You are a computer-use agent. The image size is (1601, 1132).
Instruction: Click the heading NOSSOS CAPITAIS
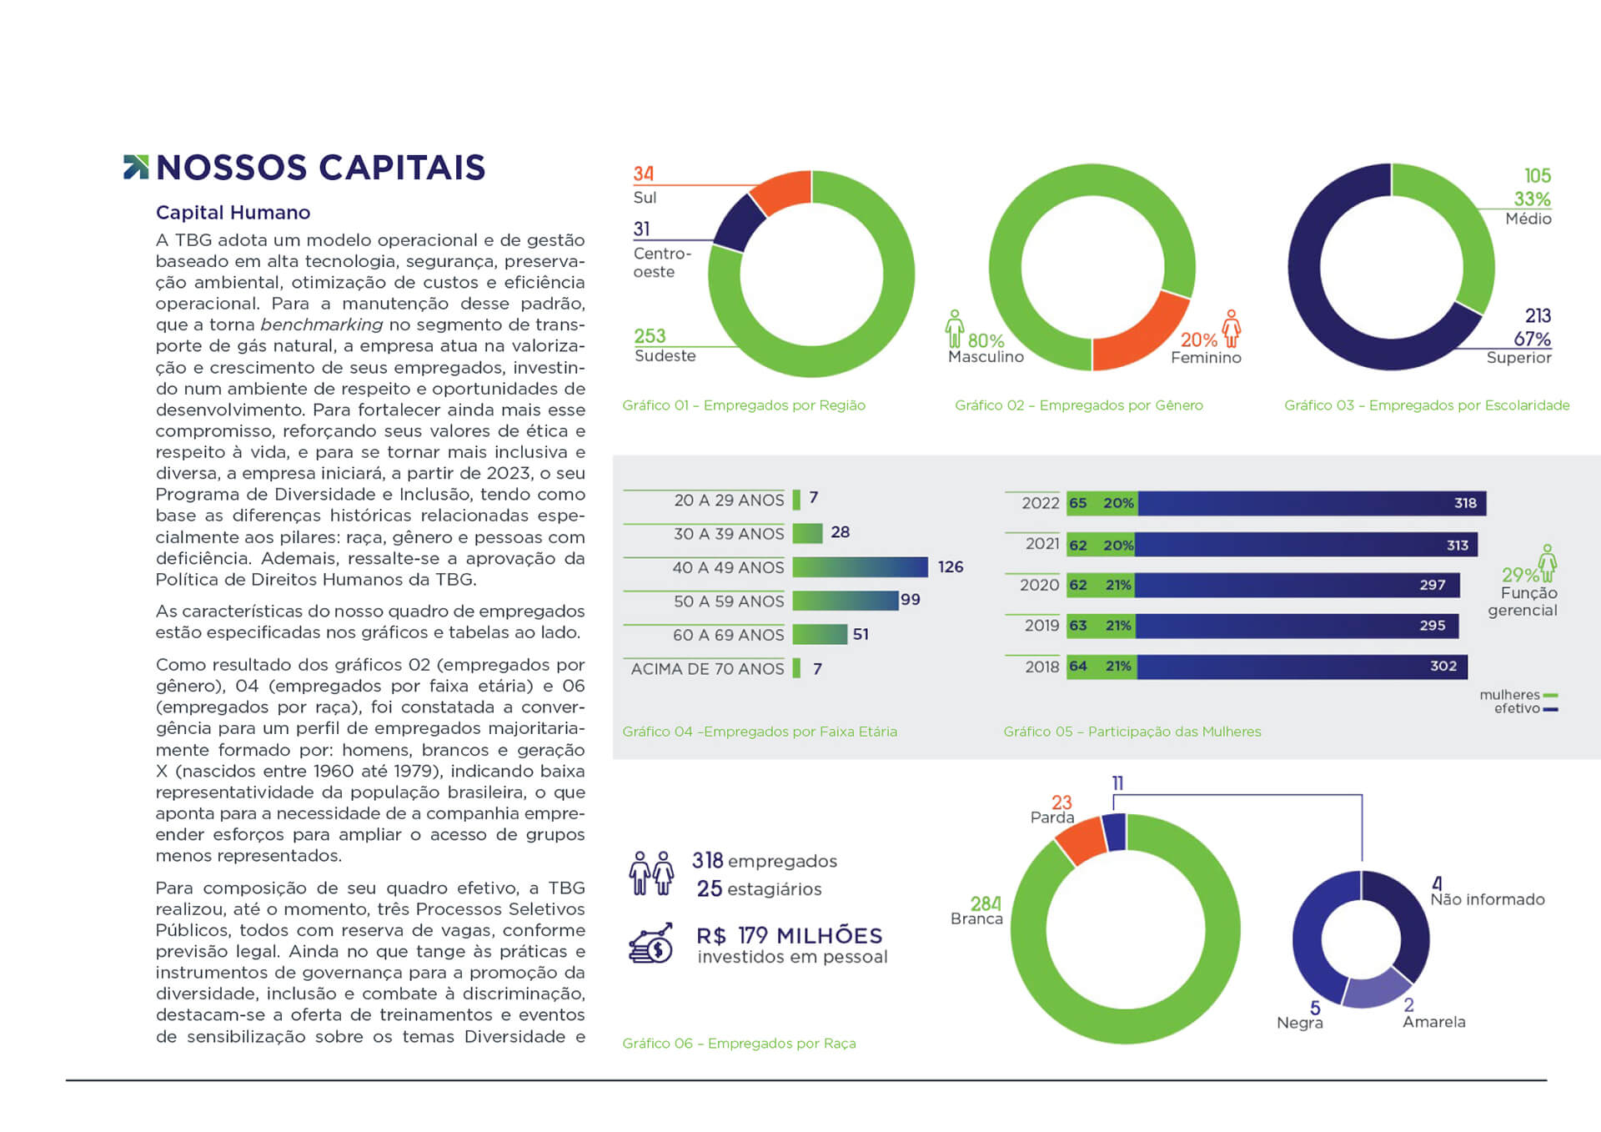click(x=320, y=168)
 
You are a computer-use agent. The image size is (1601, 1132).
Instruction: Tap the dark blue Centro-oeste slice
click(x=738, y=223)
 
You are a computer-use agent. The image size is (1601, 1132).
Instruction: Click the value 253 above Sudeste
click(x=650, y=336)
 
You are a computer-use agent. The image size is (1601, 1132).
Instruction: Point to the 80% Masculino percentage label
click(x=986, y=340)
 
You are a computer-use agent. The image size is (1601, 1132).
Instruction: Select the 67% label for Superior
click(x=1532, y=339)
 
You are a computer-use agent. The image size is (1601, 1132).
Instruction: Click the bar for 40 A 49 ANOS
click(x=860, y=567)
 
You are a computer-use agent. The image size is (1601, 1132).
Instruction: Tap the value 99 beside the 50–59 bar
click(x=911, y=600)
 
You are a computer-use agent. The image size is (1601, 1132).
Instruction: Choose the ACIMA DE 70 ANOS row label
click(x=707, y=669)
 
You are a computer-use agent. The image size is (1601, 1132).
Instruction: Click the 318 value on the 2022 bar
click(x=1465, y=503)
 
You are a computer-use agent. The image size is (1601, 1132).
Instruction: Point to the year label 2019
click(x=1041, y=626)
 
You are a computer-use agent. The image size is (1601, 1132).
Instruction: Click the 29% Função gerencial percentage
click(x=1519, y=575)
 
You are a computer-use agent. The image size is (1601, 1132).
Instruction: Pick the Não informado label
click(x=1488, y=899)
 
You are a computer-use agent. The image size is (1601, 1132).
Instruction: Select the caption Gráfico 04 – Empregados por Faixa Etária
click(x=760, y=732)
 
